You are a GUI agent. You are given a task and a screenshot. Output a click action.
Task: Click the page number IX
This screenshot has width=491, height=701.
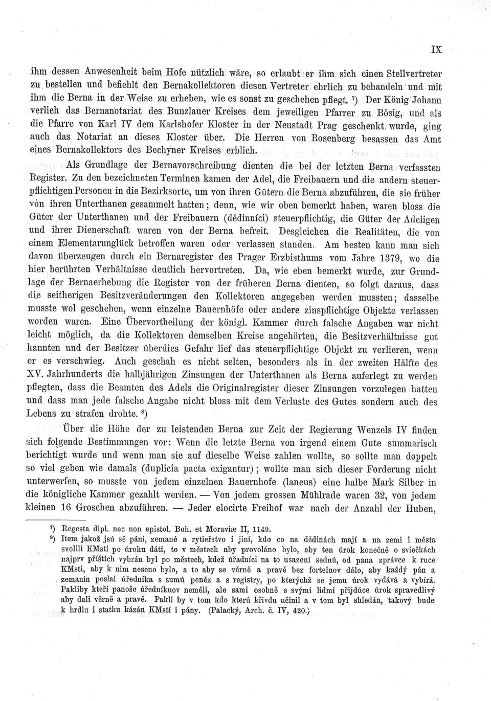point(436,50)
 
